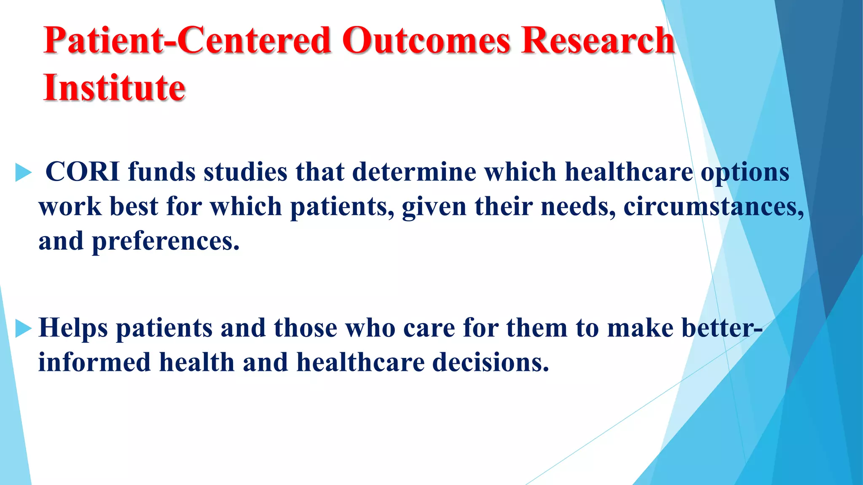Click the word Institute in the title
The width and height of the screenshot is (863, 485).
click(x=114, y=88)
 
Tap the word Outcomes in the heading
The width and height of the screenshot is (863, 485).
click(x=426, y=40)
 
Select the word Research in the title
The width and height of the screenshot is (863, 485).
click(x=598, y=40)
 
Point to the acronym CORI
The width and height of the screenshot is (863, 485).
click(x=82, y=172)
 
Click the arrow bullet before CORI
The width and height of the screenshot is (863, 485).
click(x=23, y=173)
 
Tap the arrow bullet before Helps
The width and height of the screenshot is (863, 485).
click(x=23, y=328)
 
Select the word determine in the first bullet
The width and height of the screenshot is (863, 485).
click(x=414, y=172)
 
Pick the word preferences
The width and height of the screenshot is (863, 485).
click(x=166, y=242)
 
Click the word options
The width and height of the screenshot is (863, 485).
click(x=745, y=173)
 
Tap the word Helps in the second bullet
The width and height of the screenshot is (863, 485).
click(x=73, y=328)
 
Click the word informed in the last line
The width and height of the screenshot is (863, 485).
click(x=94, y=362)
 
